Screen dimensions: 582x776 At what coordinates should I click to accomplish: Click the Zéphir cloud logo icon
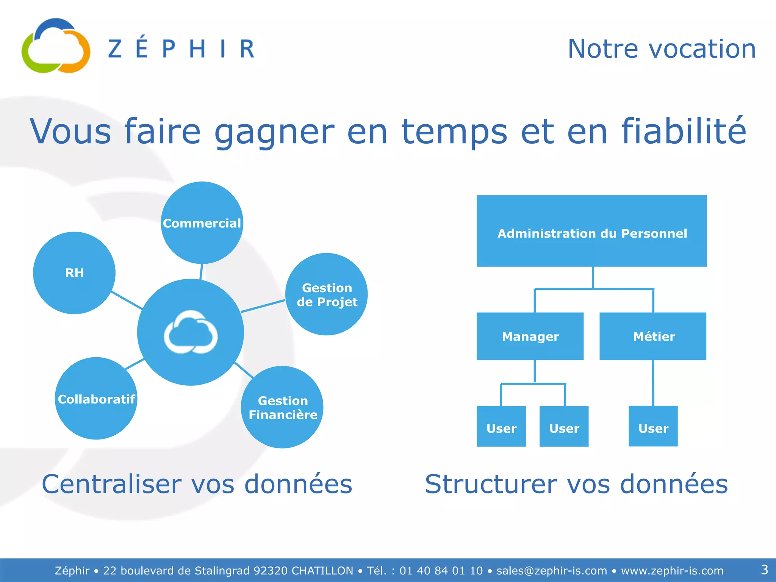pos(56,46)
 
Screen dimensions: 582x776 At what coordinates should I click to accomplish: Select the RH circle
pos(74,273)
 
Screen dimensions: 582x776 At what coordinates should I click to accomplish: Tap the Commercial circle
pos(202,223)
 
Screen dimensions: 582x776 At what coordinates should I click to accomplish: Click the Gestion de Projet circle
pos(327,294)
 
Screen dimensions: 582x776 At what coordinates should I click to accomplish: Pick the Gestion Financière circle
pos(282,407)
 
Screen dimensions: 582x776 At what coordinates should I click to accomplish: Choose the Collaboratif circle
pos(96,399)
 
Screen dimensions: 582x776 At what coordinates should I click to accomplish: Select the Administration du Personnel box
pos(591,231)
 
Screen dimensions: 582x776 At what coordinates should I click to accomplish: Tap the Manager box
pos(530,336)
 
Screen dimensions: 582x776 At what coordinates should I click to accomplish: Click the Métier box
pos(653,336)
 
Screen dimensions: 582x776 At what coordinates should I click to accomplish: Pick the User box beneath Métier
pos(653,426)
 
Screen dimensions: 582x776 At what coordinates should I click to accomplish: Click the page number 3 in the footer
pos(764,569)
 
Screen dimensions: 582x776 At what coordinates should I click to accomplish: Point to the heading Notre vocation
pos(661,49)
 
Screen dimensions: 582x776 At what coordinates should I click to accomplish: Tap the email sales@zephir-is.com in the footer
pos(552,571)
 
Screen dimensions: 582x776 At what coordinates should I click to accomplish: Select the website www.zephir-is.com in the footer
pos(672,571)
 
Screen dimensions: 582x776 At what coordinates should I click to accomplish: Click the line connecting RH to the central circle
pos(127,300)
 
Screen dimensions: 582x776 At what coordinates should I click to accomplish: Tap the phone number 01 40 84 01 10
pos(441,571)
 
